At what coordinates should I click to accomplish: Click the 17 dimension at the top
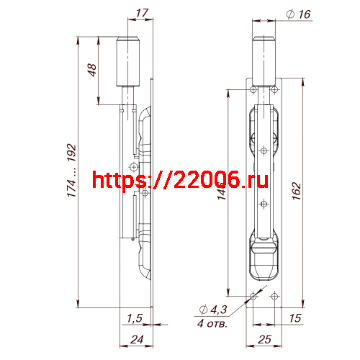coord(141,13)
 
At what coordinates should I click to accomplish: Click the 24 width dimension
coord(135,340)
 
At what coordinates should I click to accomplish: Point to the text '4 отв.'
coord(212,324)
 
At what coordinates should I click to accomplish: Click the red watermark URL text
coord(180,179)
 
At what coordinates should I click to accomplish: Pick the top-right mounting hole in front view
coord(274,89)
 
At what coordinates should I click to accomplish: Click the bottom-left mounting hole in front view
coord(253,295)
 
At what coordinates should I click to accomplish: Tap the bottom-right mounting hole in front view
coord(274,295)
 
